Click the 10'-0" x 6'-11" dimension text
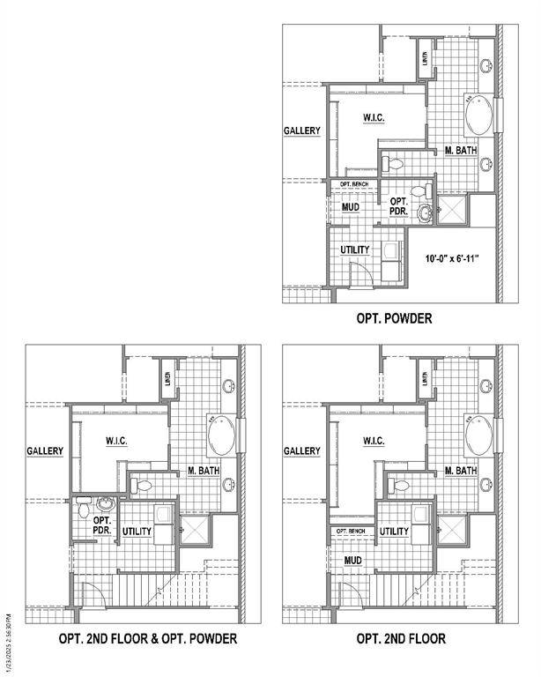[x=451, y=259]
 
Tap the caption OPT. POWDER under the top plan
[x=393, y=318]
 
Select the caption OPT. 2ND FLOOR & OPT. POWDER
[x=147, y=638]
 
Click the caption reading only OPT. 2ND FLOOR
[x=401, y=638]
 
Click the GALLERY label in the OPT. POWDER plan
[x=302, y=131]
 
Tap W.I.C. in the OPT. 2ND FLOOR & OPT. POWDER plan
[x=116, y=441]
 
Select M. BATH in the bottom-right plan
[x=461, y=471]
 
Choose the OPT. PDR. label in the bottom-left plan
[x=101, y=526]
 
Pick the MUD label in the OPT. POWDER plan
[x=350, y=208]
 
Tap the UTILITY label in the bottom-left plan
[x=137, y=532]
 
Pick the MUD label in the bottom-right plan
[x=352, y=560]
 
